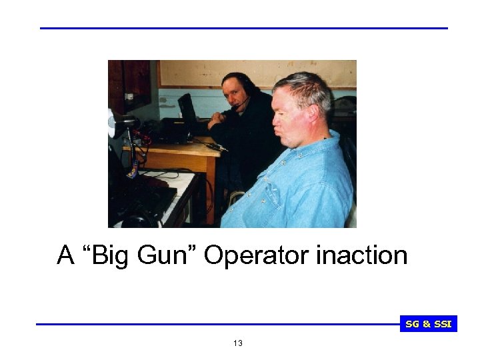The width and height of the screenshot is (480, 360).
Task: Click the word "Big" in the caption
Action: (109, 255)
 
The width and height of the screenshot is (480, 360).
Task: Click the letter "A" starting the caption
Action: (65, 255)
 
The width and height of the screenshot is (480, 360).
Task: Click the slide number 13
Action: (239, 343)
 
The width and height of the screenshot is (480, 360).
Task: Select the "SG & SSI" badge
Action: (429, 325)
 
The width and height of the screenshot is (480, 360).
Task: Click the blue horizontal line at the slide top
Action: (244, 28)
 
